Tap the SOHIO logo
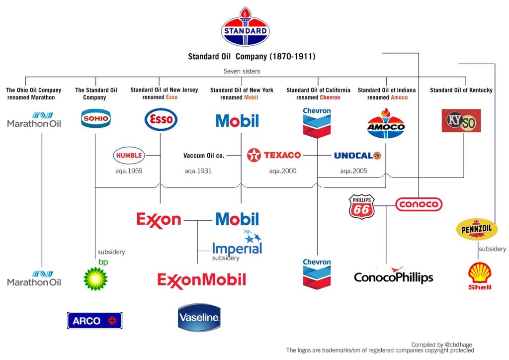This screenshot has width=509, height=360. pyautogui.click(x=95, y=119)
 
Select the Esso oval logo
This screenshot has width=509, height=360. pyautogui.click(x=161, y=119)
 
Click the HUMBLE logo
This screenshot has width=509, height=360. pyautogui.click(x=129, y=155)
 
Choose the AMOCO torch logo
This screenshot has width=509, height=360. pyautogui.click(x=386, y=123)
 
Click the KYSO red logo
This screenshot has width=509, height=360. pyautogui.click(x=461, y=121)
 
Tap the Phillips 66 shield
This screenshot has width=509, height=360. pyautogui.click(x=362, y=206)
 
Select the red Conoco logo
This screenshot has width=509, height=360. pyautogui.click(x=419, y=204)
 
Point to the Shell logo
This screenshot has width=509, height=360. pyautogui.click(x=480, y=276)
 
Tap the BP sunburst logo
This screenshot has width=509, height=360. pyautogui.click(x=95, y=277)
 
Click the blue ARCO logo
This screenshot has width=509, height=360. pyautogui.click(x=94, y=321)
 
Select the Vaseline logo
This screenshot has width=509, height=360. pyautogui.click(x=199, y=317)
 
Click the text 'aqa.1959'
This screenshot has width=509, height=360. pyautogui.click(x=129, y=171)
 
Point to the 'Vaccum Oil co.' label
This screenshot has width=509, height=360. pyautogui.click(x=204, y=156)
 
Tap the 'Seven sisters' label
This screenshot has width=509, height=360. pyautogui.click(x=242, y=71)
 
